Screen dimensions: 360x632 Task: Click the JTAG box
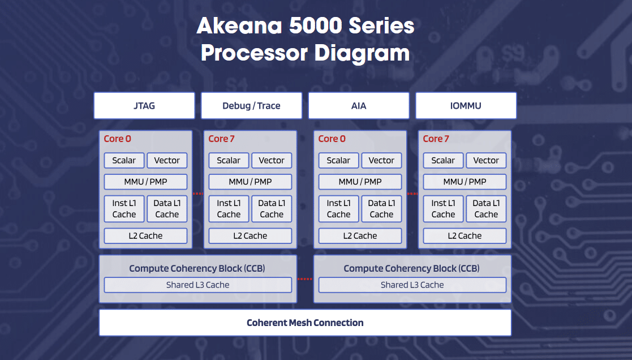click(144, 106)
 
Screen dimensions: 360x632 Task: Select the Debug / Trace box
click(251, 106)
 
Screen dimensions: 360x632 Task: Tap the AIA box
click(359, 106)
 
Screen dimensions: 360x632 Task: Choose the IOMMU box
click(466, 106)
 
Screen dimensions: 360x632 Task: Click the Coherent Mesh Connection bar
click(305, 323)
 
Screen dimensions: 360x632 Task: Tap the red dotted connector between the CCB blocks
click(305, 279)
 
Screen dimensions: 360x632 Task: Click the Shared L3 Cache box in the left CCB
click(197, 285)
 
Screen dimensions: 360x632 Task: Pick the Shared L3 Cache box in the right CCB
click(412, 285)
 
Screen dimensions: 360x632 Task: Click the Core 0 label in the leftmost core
click(117, 139)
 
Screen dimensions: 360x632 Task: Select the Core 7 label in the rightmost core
click(436, 139)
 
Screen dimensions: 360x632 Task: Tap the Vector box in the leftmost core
click(167, 160)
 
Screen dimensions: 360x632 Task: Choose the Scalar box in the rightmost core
click(443, 160)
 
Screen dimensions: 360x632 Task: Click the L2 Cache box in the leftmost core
click(145, 235)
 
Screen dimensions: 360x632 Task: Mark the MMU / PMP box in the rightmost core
click(465, 182)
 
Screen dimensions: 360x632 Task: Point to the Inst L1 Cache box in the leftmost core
click(124, 208)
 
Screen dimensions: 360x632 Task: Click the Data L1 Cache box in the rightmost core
click(486, 208)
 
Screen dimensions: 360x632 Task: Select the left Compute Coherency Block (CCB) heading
click(197, 268)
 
